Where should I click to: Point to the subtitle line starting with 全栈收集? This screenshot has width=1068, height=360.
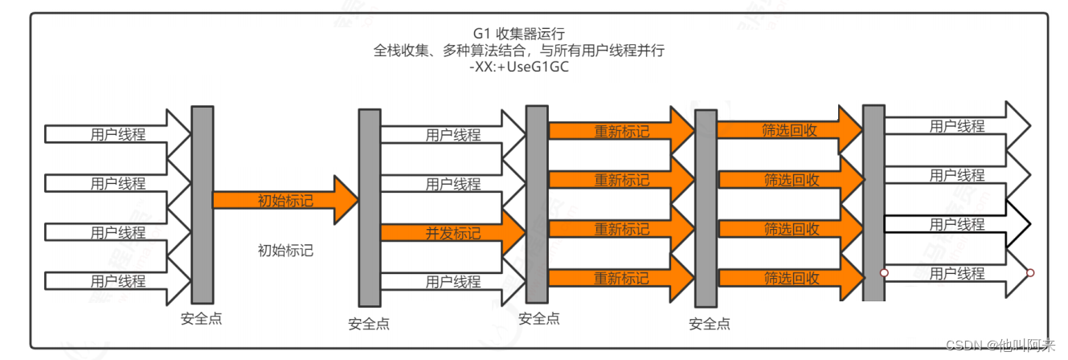point(519,50)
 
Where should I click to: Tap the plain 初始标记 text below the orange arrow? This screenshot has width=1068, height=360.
point(285,250)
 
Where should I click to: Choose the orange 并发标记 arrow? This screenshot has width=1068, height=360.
point(452,233)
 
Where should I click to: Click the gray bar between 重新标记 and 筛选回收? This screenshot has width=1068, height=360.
point(706,207)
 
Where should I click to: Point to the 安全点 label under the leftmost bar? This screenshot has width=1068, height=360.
point(201,318)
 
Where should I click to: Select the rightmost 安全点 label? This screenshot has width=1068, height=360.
point(710,324)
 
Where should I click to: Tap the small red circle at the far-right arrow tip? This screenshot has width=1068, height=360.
point(1030,273)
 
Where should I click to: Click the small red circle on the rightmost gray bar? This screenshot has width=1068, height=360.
point(884,273)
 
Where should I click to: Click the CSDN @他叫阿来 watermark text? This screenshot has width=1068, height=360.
point(1000,346)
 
